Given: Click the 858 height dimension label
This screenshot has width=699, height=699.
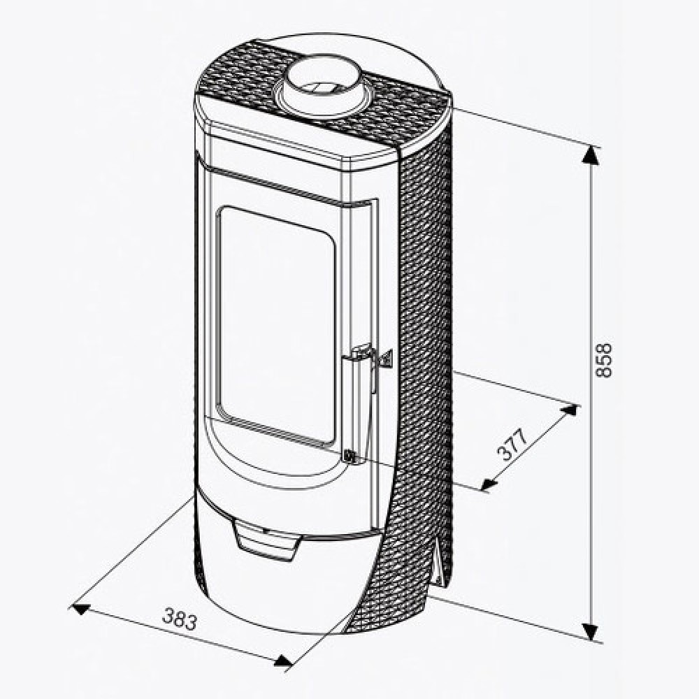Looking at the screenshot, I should coord(603,360).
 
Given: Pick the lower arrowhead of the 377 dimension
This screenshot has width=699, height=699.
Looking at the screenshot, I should coord(489,484).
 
